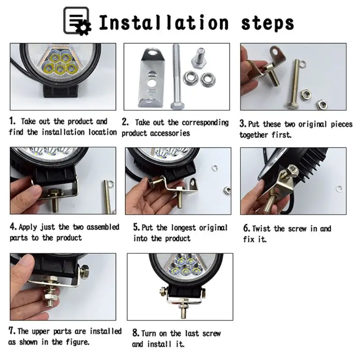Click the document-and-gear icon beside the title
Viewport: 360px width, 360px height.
point(77,21)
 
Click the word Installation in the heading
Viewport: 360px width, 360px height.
point(164,22)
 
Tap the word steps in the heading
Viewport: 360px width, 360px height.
point(267,23)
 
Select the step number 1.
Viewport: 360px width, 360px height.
point(12,121)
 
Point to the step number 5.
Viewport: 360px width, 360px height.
point(136,227)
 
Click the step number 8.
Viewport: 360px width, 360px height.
point(136,333)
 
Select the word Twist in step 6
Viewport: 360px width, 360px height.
point(261,229)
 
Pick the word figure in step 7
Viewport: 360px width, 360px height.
point(77,342)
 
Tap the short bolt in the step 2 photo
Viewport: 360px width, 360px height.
point(199,59)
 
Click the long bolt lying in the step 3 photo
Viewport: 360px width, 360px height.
point(295,84)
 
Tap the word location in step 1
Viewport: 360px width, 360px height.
point(103,132)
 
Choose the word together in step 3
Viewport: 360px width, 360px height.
point(254,135)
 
